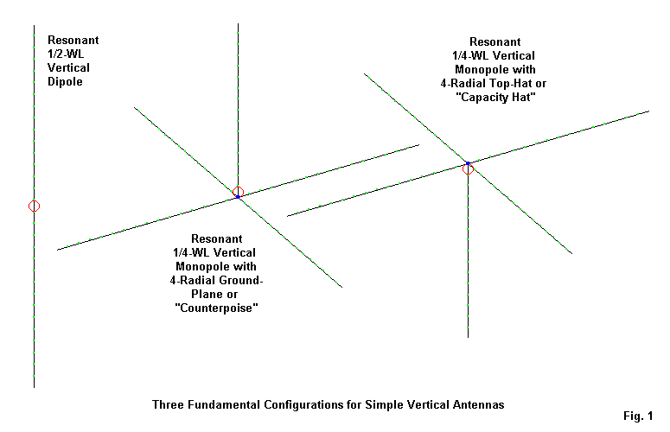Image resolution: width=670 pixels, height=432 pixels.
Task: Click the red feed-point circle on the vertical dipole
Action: [x=35, y=206]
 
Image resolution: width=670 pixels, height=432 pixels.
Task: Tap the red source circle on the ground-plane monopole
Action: [x=238, y=192]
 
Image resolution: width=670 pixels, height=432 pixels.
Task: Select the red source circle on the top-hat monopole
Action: [x=468, y=169]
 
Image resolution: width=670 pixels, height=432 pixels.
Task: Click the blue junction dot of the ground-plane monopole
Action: [x=238, y=197]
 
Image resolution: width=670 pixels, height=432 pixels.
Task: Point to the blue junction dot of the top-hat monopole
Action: [x=468, y=163]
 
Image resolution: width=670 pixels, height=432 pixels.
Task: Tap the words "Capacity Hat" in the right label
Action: [x=495, y=98]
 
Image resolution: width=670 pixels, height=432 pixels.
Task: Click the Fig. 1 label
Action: [x=638, y=416]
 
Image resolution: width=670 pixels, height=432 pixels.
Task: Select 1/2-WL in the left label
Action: [x=67, y=54]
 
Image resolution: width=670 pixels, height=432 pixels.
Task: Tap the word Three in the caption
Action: [x=168, y=404]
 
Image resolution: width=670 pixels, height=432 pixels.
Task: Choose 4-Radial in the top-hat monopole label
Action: [x=463, y=84]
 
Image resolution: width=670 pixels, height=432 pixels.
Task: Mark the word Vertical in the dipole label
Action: [x=68, y=67]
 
